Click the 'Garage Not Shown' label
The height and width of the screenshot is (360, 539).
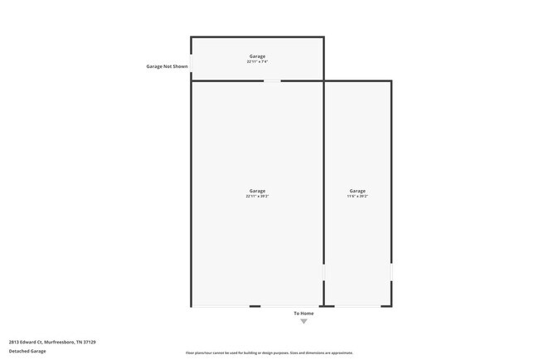point(167,66)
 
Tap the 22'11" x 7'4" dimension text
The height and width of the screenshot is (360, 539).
point(257,61)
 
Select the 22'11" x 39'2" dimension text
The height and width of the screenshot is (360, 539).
point(257,197)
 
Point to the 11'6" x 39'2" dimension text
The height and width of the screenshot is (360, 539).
point(357,197)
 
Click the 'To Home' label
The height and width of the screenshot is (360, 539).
point(303,313)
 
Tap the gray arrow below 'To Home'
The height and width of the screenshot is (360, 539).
point(303,321)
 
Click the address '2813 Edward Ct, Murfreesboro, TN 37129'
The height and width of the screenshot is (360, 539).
point(52,342)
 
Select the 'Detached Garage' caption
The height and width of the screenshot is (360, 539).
point(27,351)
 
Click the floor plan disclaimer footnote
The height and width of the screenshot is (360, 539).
point(269,353)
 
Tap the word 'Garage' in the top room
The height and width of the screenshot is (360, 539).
point(257,56)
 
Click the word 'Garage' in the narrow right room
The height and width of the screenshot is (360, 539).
point(357,191)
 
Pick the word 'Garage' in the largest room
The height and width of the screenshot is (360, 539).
point(257,191)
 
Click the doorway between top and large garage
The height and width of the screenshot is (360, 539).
point(272,80)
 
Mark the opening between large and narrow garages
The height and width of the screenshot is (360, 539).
point(323,272)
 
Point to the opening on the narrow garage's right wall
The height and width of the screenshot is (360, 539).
point(391,272)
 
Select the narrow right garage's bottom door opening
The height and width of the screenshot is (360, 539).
point(357,306)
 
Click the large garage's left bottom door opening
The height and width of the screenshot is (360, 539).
point(221,306)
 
